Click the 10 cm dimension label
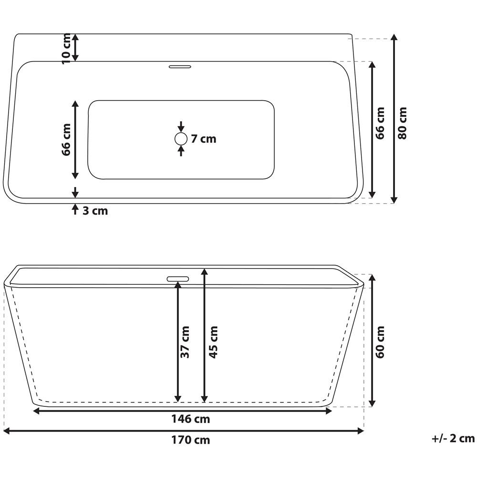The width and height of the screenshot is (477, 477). (x=67, y=48)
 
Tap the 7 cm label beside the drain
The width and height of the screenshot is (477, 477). (x=204, y=139)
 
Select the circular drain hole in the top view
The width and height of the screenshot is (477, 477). (x=181, y=139)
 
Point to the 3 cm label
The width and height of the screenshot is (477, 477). (x=95, y=210)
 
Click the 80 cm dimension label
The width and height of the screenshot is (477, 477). (x=403, y=123)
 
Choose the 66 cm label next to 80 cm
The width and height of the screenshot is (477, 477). (x=380, y=123)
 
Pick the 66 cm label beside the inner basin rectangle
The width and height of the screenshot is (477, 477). (x=67, y=139)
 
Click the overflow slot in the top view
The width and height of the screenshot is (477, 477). (x=180, y=66)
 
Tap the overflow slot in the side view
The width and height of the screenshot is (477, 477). (x=177, y=278)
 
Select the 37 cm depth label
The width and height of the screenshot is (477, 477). (x=186, y=342)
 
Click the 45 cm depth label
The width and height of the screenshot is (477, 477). (x=213, y=342)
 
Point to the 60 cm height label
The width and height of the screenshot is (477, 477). (x=380, y=342)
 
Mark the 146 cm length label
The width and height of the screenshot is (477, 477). (x=190, y=419)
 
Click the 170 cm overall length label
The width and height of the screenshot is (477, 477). (x=190, y=440)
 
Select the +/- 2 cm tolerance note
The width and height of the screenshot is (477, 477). (x=453, y=438)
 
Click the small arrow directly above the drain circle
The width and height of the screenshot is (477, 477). (x=181, y=127)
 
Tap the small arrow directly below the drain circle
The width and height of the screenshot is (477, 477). (x=181, y=151)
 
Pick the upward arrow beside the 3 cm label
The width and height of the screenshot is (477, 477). (x=75, y=209)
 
